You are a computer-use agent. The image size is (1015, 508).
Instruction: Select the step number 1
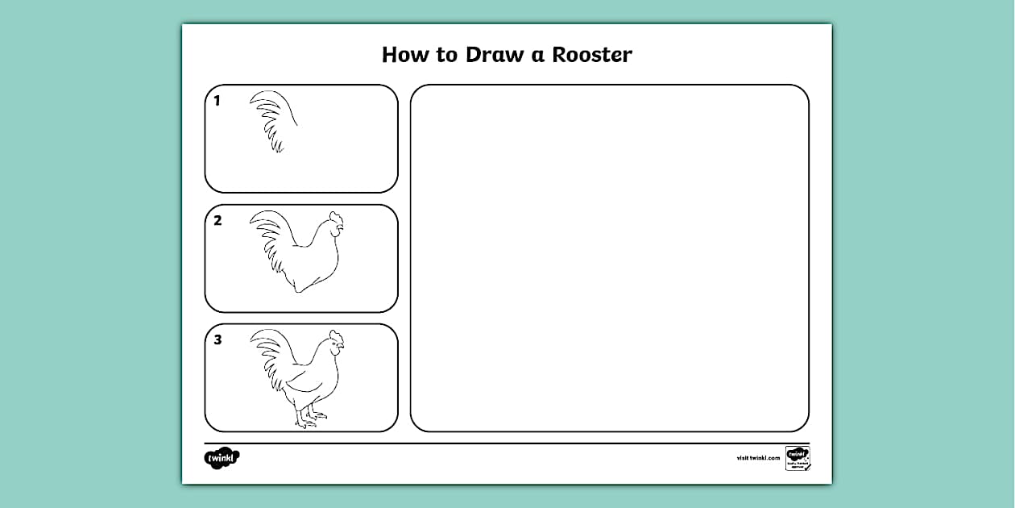[x=217, y=101]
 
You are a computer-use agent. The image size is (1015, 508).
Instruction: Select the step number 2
[x=217, y=220]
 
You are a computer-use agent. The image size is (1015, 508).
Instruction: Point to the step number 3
[x=217, y=339]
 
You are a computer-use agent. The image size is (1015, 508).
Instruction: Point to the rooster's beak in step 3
[x=342, y=348]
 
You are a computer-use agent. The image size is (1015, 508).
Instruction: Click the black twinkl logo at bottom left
[x=222, y=458]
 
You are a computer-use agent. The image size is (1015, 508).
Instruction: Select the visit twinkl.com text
[x=758, y=458]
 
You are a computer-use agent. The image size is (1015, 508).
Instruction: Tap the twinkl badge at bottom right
[x=797, y=456]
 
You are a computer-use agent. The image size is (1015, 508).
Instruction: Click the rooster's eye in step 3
[x=336, y=344]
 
